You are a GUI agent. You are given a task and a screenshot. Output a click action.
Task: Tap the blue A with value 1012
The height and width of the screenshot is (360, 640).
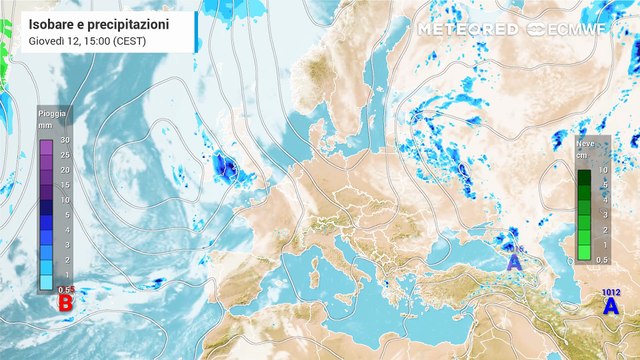pyautogui.click(x=609, y=307)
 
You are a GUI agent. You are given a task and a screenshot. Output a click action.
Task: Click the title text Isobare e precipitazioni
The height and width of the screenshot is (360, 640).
pyautogui.click(x=99, y=22)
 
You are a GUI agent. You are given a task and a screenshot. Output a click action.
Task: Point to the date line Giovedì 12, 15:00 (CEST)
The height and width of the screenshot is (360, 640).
pyautogui.click(x=86, y=40)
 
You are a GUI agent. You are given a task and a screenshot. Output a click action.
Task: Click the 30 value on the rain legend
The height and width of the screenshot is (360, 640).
pyautogui.click(x=64, y=140)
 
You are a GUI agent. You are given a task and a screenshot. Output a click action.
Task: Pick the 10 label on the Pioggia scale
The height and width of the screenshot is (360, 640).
pyautogui.click(x=64, y=200)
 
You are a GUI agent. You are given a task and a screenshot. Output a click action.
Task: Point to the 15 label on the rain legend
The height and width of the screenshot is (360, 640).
pyautogui.click(x=64, y=185)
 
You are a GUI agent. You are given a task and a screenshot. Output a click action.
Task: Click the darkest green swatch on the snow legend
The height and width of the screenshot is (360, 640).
pyautogui.click(x=583, y=177)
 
